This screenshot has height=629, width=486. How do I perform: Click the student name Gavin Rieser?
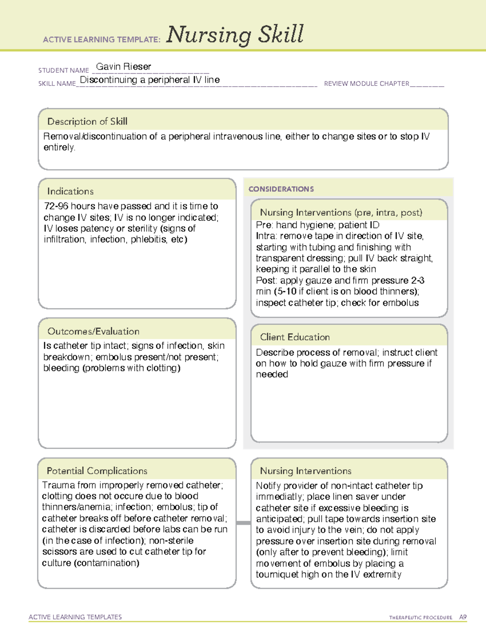click(x=124, y=66)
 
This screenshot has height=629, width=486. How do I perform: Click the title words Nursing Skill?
click(x=235, y=34)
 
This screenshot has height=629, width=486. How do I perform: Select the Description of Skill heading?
click(x=87, y=122)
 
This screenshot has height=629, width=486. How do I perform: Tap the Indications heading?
click(x=70, y=191)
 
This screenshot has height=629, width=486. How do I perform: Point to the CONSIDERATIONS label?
click(x=281, y=189)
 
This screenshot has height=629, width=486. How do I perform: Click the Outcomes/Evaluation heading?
click(x=93, y=331)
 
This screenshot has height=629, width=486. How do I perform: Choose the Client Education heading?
click(x=295, y=337)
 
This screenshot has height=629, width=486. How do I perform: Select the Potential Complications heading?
click(x=97, y=471)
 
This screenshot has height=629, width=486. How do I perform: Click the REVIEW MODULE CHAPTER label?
click(x=367, y=84)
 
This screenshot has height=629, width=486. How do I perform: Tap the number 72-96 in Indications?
click(x=56, y=206)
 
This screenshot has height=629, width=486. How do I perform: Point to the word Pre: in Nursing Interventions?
click(x=264, y=225)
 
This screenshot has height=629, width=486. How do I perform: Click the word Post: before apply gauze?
click(x=266, y=281)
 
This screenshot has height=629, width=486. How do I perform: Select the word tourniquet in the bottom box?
click(x=277, y=574)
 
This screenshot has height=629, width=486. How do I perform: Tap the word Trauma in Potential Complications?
click(x=57, y=485)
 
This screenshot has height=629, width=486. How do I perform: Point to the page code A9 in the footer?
click(x=463, y=617)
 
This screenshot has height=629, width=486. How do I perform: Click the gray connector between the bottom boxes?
click(x=243, y=523)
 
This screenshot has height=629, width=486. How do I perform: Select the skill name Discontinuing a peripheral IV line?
click(x=150, y=80)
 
